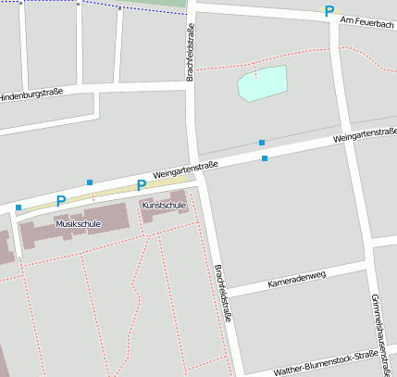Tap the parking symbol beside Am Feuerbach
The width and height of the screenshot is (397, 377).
(329, 11)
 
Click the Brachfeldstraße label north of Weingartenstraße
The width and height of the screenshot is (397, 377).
(190, 53)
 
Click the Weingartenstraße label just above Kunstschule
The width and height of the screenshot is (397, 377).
(185, 169)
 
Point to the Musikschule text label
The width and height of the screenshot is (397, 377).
(78, 224)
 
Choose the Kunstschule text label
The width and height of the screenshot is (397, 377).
(164, 205)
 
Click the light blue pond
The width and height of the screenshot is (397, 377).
(262, 83)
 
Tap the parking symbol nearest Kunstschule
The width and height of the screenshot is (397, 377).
(142, 185)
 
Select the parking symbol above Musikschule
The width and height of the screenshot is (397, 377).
(61, 200)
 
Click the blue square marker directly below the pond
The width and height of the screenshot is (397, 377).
(262, 143)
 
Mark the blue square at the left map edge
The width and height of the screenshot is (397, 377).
(19, 207)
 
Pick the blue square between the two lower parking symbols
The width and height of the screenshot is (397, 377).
(90, 182)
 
